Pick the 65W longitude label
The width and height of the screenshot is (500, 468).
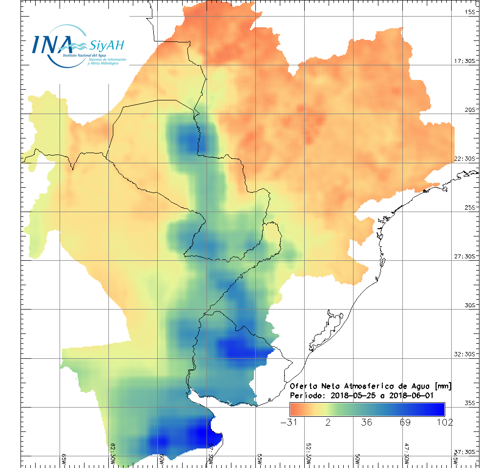tap(64, 459)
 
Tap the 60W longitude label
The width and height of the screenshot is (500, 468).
tap(162, 459)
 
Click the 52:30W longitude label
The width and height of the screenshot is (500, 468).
tap(308, 454)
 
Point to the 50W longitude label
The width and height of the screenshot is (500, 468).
tap(357, 459)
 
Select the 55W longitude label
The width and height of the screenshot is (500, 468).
tap(259, 459)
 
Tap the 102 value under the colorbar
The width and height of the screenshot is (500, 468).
tap(444, 422)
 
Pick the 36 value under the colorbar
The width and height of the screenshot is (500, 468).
tap(367, 422)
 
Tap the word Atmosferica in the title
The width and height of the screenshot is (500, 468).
tap(363, 386)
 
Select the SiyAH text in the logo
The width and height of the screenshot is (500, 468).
tap(107, 45)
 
